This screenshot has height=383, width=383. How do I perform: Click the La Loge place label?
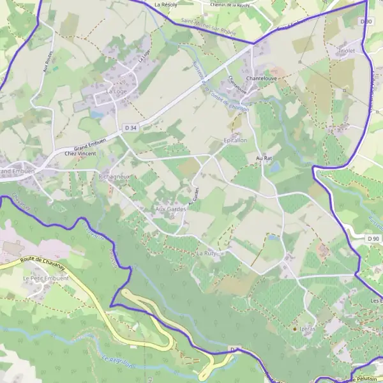coord(116,91)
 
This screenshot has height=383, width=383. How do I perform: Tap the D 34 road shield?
coord(131,128)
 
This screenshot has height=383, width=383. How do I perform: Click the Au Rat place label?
coord(264,157)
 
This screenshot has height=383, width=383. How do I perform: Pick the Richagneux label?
coord(115,174)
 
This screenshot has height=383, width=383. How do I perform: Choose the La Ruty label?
coord(207,253)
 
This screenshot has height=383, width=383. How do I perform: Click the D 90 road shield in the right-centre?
coord(373,238)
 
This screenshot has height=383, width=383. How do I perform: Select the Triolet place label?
coord(347,50)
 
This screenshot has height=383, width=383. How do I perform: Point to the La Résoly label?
coord(165,4)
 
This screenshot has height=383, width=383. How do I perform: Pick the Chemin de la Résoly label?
coord(231,4)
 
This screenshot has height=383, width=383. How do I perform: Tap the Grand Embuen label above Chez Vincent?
coord(88,146)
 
